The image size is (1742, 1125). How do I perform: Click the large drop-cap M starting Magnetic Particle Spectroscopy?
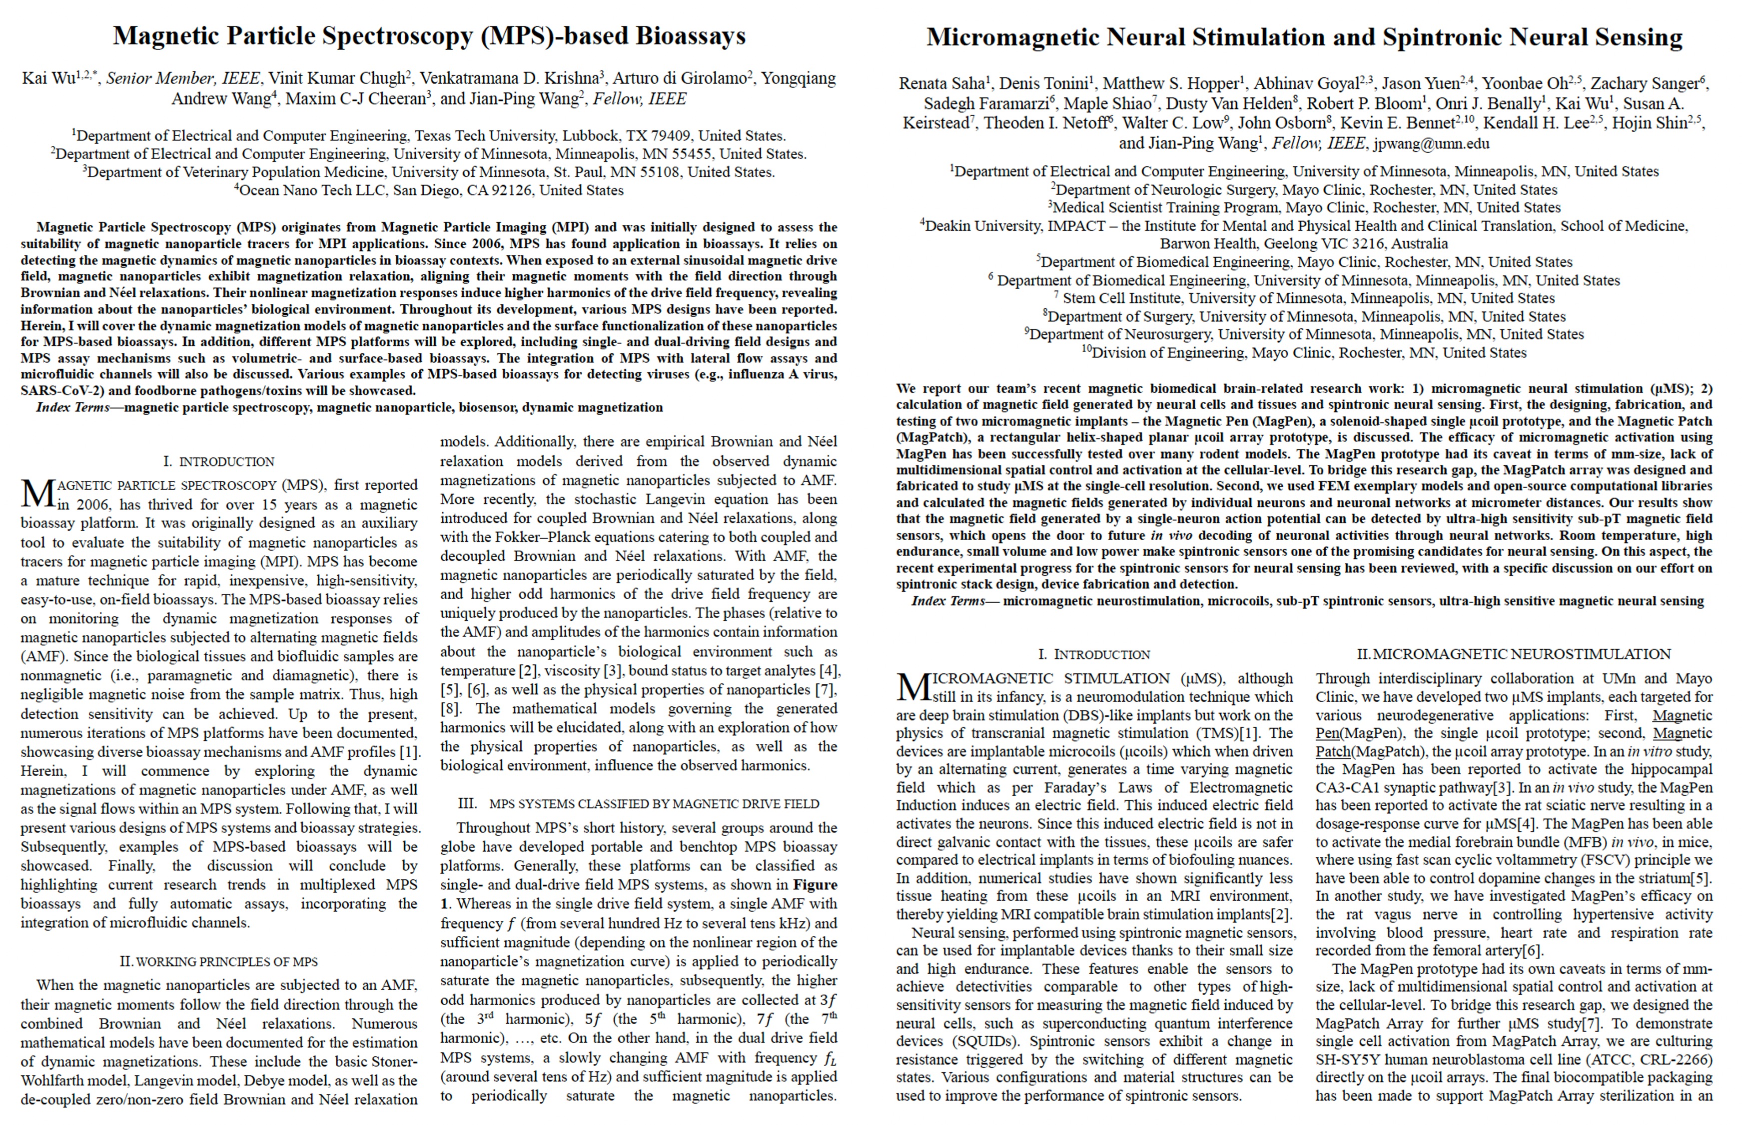click(36, 494)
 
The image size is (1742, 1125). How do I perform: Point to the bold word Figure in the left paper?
click(816, 884)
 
